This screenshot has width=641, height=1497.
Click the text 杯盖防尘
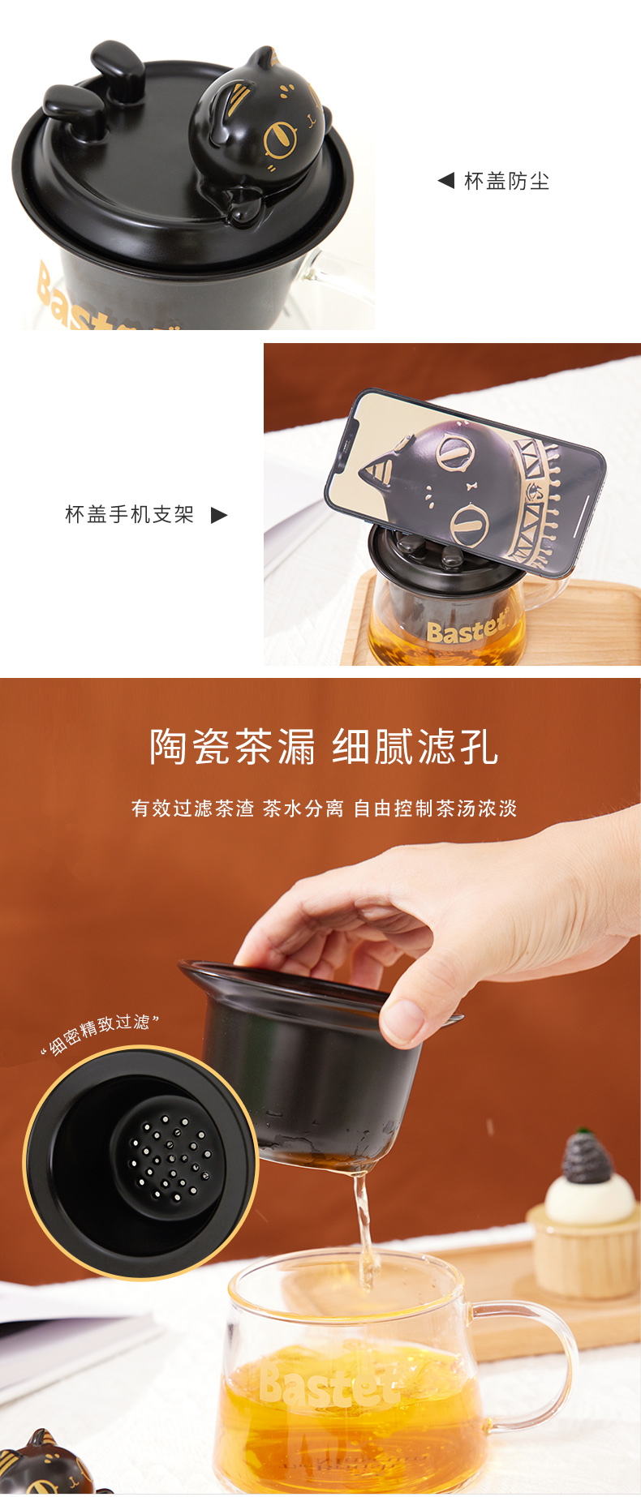506,181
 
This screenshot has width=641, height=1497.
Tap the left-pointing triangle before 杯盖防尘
445,180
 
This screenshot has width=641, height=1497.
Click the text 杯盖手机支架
129,514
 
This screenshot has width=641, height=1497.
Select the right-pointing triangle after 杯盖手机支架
219,515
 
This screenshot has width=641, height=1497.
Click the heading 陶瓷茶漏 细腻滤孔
323,746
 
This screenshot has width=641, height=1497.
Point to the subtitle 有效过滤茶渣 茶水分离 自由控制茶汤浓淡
324,809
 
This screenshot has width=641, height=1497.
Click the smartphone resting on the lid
464,483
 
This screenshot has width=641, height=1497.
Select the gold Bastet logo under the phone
466,629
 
